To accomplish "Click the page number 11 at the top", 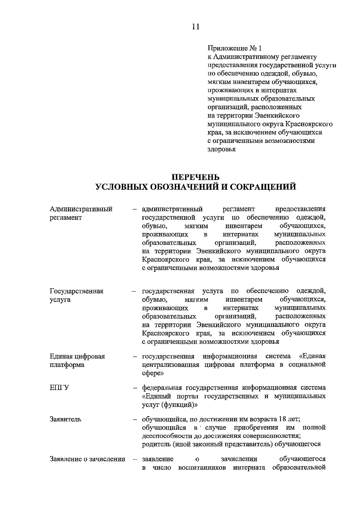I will coord(195,26).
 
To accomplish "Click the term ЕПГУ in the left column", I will coord(59,388).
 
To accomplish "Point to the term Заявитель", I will coord(65,419).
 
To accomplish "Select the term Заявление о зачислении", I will coord(87,459).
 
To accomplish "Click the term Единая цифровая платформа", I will coord(77,360).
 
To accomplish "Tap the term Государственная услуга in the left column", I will coord(76,295).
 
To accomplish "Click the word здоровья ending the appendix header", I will coord(221,149).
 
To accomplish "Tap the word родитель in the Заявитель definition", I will coord(156,444).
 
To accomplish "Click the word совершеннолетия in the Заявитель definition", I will coord(276,436).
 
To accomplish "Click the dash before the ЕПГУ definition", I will coord(136,388).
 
